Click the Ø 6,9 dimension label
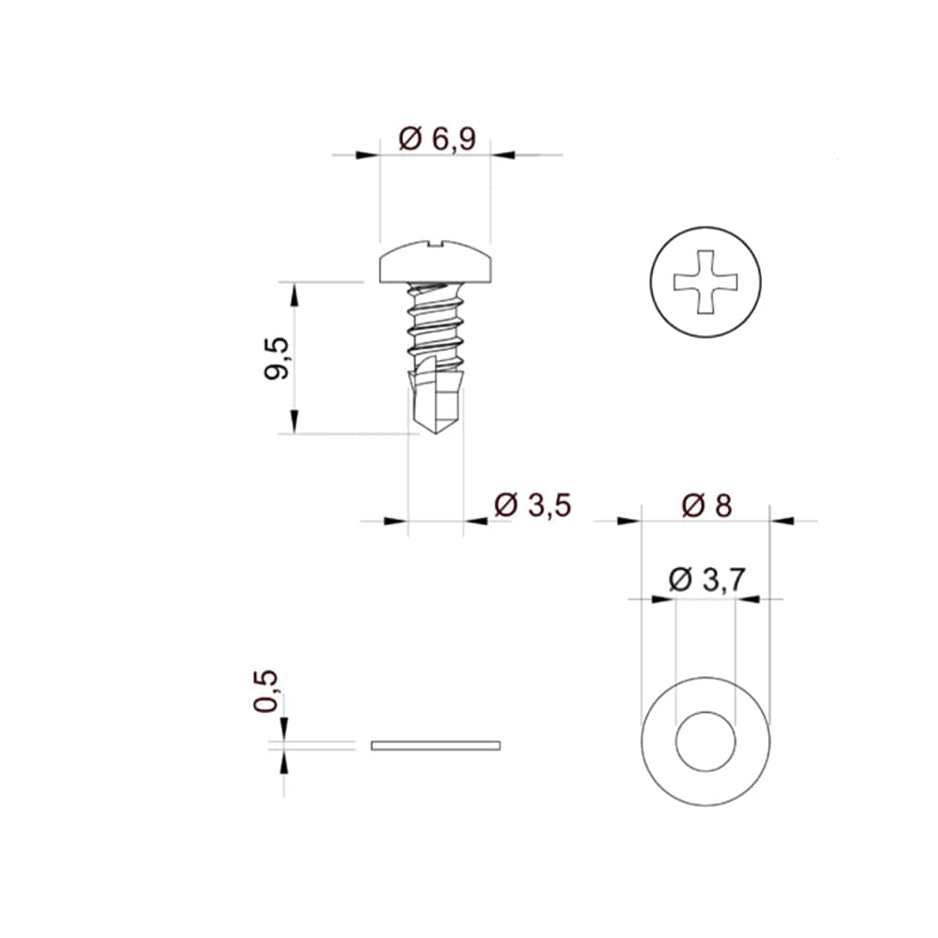click(437, 140)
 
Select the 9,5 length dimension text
click(277, 358)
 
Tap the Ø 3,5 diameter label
click(533, 506)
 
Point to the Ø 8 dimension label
click(706, 506)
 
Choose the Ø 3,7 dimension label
click(706, 579)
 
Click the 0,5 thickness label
click(266, 691)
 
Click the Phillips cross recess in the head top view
click(706, 281)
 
